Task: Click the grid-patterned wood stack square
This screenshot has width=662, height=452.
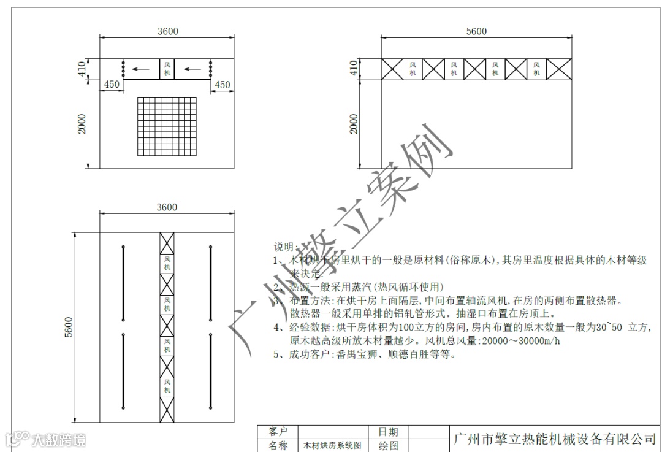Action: (167, 126)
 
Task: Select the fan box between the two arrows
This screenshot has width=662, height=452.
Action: (167, 69)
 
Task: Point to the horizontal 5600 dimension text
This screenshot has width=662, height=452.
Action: (476, 32)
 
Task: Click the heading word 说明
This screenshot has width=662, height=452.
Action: (284, 247)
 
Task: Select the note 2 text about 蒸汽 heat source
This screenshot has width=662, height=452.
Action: (366, 287)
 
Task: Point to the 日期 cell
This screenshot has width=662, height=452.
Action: (388, 432)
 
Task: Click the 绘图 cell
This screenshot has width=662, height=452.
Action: (388, 446)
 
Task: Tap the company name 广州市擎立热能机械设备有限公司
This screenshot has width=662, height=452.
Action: (554, 439)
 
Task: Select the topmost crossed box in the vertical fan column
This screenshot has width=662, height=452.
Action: (167, 243)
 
